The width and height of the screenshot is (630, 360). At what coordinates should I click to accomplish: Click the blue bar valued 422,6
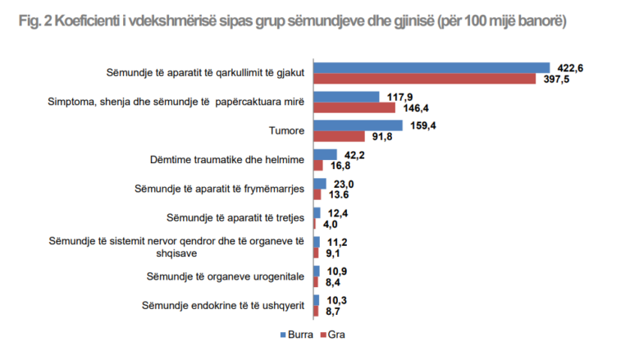tap(431, 67)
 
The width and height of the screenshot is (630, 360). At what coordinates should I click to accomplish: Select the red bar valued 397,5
tap(423, 78)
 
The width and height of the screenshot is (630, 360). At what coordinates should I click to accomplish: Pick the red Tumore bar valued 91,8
tap(339, 136)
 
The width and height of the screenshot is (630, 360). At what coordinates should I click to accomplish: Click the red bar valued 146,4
tap(354, 107)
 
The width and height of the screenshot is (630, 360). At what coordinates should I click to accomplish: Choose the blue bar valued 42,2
tap(326, 154)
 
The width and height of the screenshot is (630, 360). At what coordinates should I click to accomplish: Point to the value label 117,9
tap(399, 96)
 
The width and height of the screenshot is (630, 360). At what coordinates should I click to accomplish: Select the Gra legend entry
tap(332, 335)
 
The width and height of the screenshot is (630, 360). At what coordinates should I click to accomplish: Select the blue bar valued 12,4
tap(317, 213)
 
